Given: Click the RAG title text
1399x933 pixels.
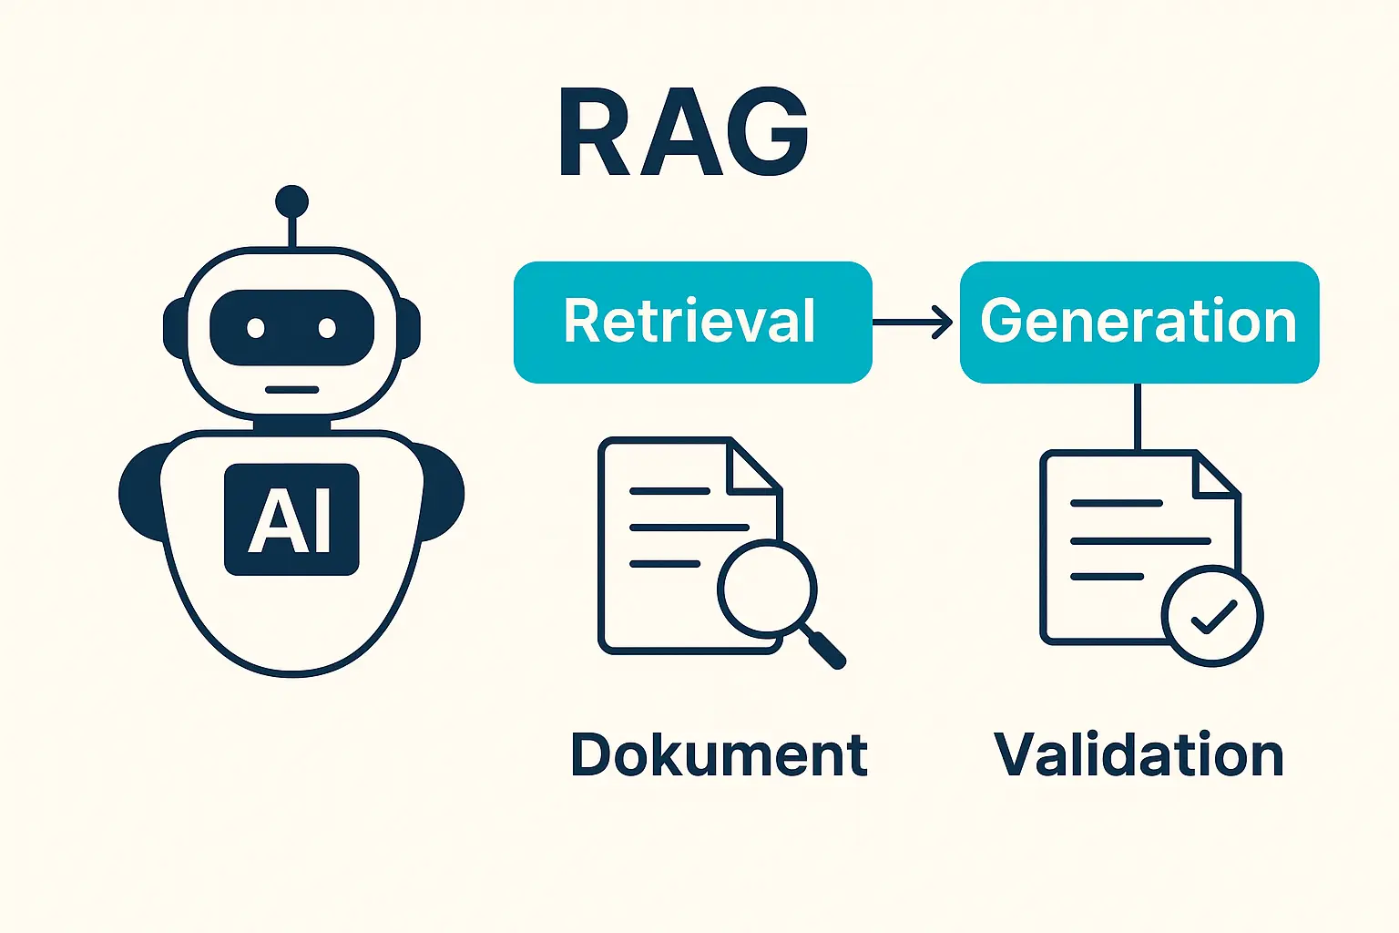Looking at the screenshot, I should (683, 133).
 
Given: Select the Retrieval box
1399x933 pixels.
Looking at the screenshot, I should (692, 322).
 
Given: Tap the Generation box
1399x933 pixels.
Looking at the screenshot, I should (1139, 322).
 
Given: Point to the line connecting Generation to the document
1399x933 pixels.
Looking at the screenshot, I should (1137, 415).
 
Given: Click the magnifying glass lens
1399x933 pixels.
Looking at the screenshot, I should (766, 588).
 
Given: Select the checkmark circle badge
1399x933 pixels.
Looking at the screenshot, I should (1212, 616).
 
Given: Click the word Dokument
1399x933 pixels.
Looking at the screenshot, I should (720, 754).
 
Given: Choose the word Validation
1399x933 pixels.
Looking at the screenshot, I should (1139, 754).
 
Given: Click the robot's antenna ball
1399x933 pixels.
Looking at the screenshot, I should (291, 201).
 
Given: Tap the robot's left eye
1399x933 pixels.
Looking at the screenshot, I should (256, 328).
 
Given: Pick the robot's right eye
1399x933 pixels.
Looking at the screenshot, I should (327, 328).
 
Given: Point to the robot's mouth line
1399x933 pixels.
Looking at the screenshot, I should (291, 390).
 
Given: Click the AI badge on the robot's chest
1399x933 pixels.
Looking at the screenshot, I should (291, 519).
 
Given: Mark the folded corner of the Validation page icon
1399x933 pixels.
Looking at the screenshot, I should (1213, 476).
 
